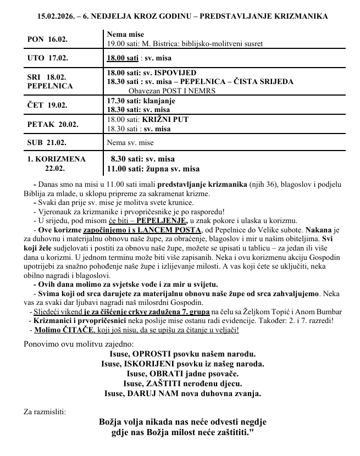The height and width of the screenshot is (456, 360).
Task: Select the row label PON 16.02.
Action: click(x=47, y=40)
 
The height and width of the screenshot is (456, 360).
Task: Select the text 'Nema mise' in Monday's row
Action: click(x=125, y=34)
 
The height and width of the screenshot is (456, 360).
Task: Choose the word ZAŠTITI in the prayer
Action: click(x=165, y=383)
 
